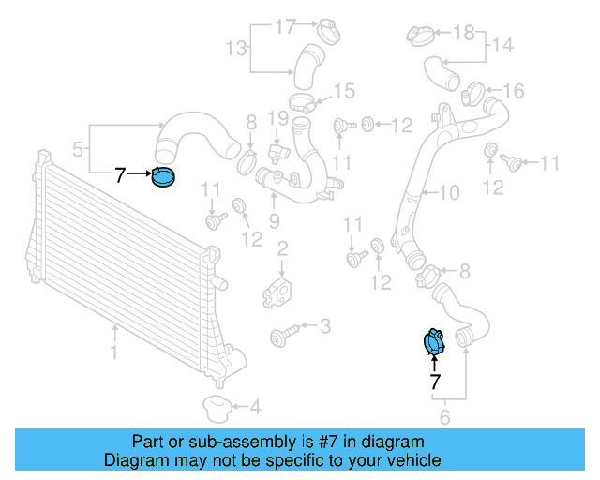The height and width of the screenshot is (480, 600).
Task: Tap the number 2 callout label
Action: pyautogui.click(x=282, y=248)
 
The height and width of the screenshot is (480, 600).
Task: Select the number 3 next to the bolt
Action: pyautogui.click(x=325, y=326)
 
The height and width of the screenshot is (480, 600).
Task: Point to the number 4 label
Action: pyautogui.click(x=255, y=407)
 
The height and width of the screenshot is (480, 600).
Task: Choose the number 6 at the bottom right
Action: pyautogui.click(x=445, y=417)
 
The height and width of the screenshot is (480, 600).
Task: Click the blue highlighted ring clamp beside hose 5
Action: pyautogui.click(x=164, y=175)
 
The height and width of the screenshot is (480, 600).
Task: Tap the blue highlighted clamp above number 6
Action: pyautogui.click(x=434, y=343)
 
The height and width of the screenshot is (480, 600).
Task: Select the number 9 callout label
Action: pyautogui.click(x=275, y=221)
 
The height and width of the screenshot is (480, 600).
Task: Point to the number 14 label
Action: pyautogui.click(x=502, y=45)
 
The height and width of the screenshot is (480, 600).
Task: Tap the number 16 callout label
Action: pyautogui.click(x=514, y=90)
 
